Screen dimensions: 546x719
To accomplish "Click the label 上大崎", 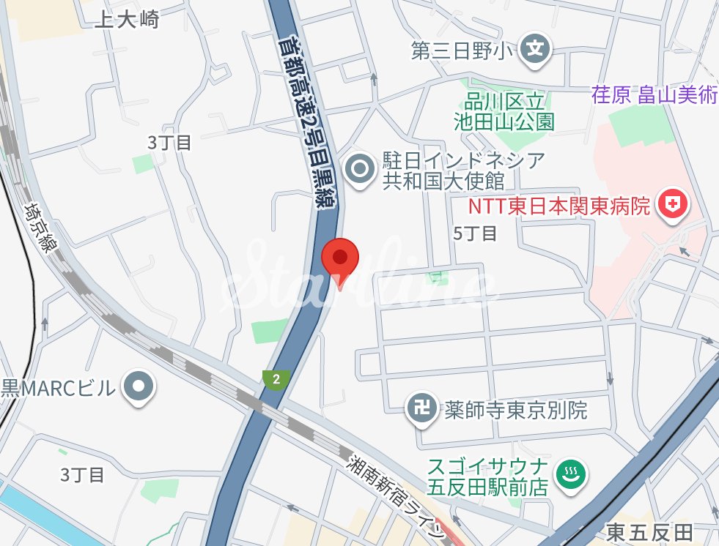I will click(x=127, y=20).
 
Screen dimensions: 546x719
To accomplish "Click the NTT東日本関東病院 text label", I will click(x=559, y=206).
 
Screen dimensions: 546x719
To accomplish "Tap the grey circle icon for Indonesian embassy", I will click(x=360, y=170).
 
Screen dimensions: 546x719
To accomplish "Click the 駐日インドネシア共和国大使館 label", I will click(x=464, y=171).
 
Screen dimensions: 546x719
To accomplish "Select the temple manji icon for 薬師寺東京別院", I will click(x=422, y=408).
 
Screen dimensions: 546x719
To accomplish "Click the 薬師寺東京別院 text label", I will click(x=516, y=409).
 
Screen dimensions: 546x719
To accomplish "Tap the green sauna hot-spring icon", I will click(x=568, y=475).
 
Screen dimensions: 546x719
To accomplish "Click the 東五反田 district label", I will click(x=649, y=532).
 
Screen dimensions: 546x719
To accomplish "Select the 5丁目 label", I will click(x=475, y=233).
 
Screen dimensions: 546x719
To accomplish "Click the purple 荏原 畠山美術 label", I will click(x=655, y=95).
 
